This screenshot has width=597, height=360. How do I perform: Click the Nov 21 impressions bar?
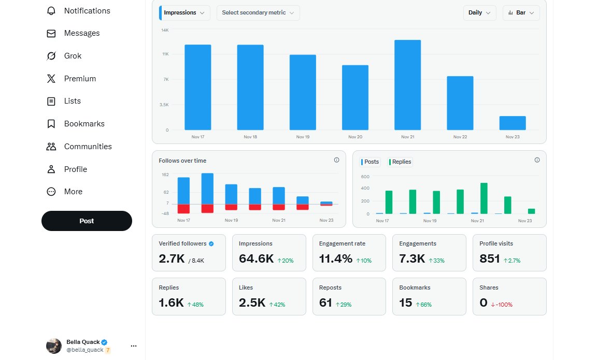pos(407,85)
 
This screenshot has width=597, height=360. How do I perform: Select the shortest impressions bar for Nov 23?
pos(513,123)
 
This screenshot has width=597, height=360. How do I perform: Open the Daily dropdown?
pos(479,13)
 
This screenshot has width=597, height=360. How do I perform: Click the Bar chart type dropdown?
pos(521,13)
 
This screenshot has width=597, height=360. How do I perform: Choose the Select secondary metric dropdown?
pos(258,13)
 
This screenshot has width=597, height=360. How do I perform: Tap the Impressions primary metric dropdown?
pos(184,13)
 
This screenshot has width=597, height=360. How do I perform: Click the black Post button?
pos(87,221)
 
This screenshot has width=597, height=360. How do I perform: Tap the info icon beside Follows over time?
pos(336,160)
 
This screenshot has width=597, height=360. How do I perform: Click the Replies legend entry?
pos(400,162)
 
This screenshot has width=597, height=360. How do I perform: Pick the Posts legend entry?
pos(371,162)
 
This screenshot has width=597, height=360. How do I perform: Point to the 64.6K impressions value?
pos(256,259)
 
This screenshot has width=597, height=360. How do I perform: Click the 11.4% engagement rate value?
pos(336,259)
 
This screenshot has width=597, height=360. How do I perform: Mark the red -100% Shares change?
pos(502,305)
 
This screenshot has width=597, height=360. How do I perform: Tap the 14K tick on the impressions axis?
pos(165,30)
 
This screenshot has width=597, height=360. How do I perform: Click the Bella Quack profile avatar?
pos(54,345)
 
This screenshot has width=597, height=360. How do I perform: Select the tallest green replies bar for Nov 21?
pos(484,198)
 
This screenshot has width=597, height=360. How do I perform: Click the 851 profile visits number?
pos(490,259)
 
